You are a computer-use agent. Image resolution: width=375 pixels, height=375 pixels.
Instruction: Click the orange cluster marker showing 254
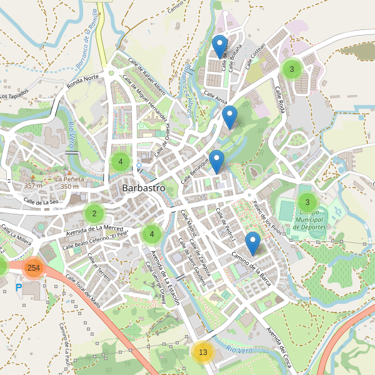click(34, 267)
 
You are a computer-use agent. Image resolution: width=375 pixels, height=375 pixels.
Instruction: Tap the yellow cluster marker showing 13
click(202, 352)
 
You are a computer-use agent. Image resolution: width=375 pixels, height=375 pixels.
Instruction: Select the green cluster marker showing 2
click(94, 214)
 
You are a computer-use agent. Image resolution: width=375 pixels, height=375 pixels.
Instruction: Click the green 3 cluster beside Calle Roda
click(291, 69)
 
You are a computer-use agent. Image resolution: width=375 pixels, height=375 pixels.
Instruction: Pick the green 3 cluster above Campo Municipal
click(307, 202)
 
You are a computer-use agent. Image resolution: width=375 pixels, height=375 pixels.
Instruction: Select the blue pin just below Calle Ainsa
click(230, 117)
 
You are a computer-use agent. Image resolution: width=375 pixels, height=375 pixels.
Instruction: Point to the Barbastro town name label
click(144, 187)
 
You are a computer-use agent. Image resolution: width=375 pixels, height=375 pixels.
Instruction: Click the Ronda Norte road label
click(83, 78)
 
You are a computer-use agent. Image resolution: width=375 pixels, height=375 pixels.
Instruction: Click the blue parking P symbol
click(18, 287)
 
